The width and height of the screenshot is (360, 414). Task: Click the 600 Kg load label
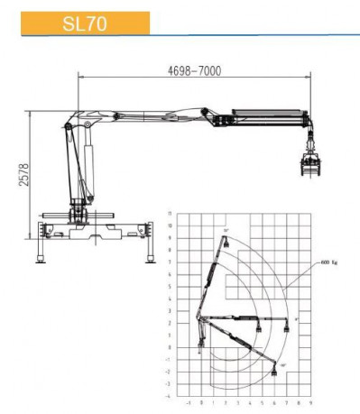point(329,262)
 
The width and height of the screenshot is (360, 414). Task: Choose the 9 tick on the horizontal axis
point(310,402)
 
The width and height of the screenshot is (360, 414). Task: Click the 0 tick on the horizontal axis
point(201,402)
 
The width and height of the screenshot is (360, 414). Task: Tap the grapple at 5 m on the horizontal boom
point(258,327)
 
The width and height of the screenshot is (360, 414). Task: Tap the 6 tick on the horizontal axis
point(274,402)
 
